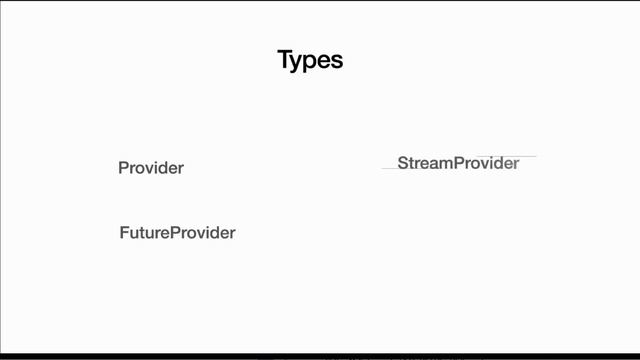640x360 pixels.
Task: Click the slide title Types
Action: [310, 60]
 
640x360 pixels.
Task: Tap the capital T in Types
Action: [285, 60]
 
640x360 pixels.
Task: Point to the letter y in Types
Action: [299, 62]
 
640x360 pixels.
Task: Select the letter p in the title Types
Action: [312, 62]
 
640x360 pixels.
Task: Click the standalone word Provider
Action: [151, 168]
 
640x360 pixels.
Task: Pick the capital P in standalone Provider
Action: [123, 168]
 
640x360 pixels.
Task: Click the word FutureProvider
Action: [177, 233]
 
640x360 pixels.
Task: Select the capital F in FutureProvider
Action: [124, 233]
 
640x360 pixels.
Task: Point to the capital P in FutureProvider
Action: [175, 233]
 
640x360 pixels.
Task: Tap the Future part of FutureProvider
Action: [145, 233]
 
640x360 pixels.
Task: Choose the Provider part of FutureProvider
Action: [203, 233]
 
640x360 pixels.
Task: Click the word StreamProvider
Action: [458, 163]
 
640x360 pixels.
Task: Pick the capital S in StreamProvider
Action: [403, 163]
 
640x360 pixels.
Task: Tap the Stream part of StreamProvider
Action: [425, 163]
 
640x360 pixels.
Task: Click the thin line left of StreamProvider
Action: [389, 168]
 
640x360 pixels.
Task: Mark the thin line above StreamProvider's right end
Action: [520, 156]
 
